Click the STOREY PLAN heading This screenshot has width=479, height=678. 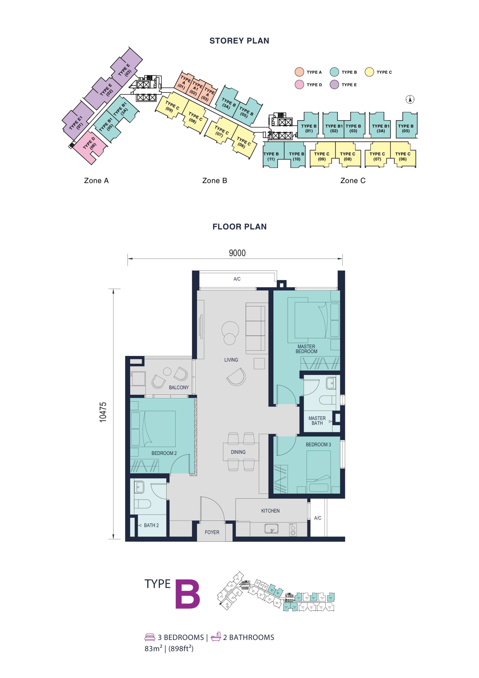coord(239,41)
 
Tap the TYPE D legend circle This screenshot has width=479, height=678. coord(299,85)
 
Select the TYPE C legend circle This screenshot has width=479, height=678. coord(369,72)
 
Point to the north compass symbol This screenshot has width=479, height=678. coord(410,100)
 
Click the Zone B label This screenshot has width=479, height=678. coord(215,181)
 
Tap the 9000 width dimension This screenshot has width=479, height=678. coord(237,253)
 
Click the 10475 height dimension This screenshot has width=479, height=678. coord(103,412)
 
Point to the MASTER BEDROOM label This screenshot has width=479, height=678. coord(306,349)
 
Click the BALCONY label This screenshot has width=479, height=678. coord(179,387)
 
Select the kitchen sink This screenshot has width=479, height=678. coord(271,528)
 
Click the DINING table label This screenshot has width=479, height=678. coord(238,452)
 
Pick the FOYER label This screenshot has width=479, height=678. coord(212,532)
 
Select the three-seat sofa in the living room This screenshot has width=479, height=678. coord(255,329)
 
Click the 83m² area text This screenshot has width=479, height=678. coord(153,649)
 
